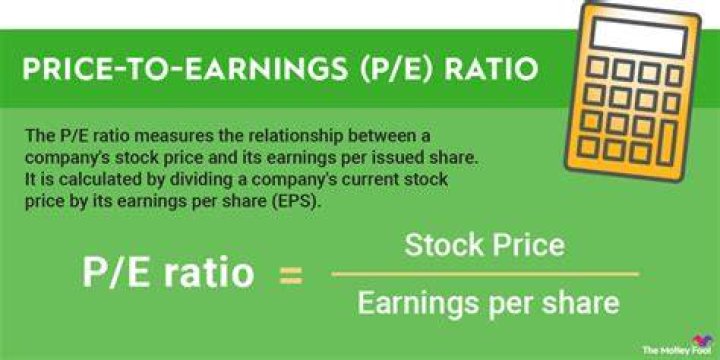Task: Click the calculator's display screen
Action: point(640,34)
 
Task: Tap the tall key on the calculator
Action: point(667,143)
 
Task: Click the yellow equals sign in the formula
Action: point(291,276)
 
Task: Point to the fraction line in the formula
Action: point(485,274)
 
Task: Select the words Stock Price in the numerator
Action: point(484,245)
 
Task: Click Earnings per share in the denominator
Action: point(488,304)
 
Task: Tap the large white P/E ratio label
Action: point(168,274)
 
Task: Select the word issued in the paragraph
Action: point(388,158)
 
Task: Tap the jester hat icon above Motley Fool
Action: point(702,340)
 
